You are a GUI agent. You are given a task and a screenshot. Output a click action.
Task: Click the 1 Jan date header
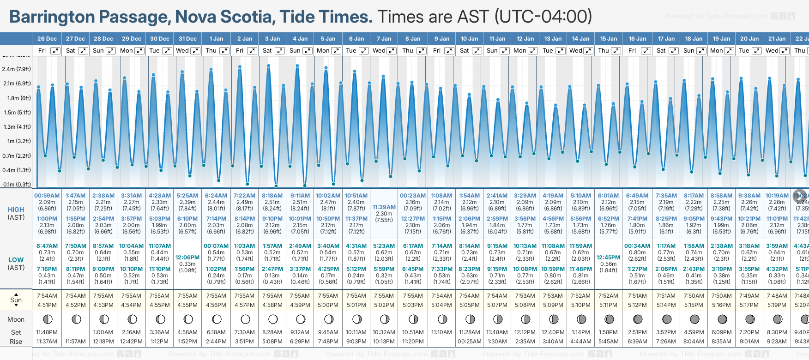(216, 39)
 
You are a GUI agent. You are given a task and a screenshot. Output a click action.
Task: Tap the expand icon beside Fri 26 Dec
(55, 51)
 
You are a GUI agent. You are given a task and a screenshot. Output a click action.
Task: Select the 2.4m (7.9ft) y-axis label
(17, 69)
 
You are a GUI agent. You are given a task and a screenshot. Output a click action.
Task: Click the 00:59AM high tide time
(47, 196)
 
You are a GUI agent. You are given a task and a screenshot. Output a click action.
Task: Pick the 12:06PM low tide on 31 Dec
(187, 258)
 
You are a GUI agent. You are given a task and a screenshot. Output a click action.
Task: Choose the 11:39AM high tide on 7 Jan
(384, 207)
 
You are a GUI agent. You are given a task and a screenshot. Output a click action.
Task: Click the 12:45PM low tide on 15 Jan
(608, 258)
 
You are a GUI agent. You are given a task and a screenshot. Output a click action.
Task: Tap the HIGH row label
(16, 210)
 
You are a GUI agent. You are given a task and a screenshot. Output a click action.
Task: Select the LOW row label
(16, 260)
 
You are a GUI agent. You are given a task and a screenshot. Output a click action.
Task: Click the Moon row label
(16, 319)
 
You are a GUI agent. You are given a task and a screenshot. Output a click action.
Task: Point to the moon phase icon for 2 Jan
(245, 319)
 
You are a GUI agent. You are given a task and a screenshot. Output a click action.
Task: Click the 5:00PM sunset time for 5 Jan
(328, 305)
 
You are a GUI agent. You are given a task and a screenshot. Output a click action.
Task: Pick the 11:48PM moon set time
(47, 332)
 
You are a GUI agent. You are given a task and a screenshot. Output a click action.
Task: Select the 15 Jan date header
(609, 39)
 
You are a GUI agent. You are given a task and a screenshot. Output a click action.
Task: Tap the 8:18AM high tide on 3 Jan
(272, 196)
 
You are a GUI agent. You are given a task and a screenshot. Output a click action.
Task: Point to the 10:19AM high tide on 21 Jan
(777, 196)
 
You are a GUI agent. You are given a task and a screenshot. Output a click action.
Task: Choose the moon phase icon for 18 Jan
(694, 319)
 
